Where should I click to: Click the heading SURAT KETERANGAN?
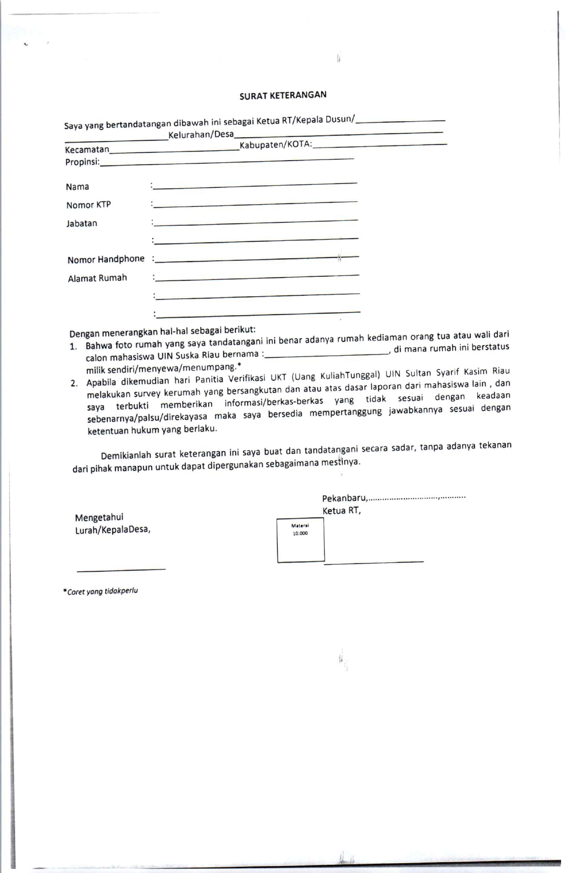(283, 95)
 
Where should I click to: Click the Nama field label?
(77, 187)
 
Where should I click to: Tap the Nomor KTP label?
(88, 205)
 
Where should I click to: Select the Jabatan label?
(82, 223)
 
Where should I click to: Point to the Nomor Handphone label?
(106, 259)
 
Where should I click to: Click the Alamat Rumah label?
(97, 278)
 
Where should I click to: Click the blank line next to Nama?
(255, 185)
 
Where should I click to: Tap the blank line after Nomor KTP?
(255, 204)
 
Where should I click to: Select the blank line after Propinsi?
(227, 162)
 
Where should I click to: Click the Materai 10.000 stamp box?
(300, 540)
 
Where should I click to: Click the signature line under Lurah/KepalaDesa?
(121, 569)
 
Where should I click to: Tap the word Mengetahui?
(99, 517)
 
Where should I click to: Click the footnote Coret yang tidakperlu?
(101, 591)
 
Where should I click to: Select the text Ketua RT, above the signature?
(342, 511)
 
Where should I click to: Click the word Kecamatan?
(87, 149)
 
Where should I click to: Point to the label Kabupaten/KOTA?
(276, 145)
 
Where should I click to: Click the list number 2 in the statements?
(75, 384)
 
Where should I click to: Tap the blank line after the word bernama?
(327, 354)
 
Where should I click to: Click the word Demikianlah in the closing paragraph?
(126, 455)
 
